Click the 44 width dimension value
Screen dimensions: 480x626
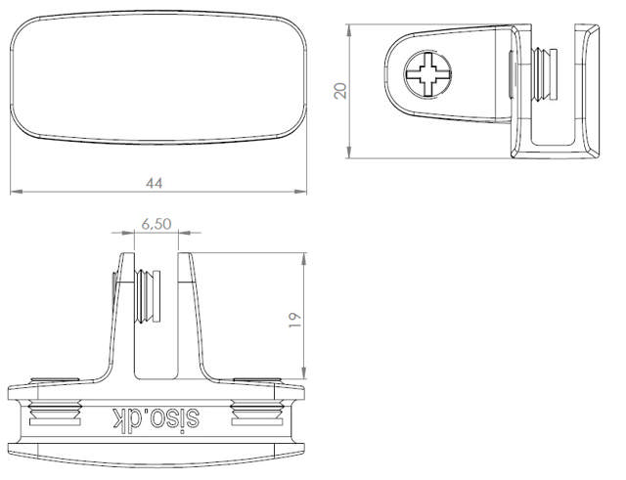(x=154, y=183)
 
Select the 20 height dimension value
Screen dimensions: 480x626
(x=340, y=90)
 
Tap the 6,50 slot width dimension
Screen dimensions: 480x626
(x=156, y=224)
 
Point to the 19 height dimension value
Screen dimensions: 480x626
(x=294, y=318)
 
